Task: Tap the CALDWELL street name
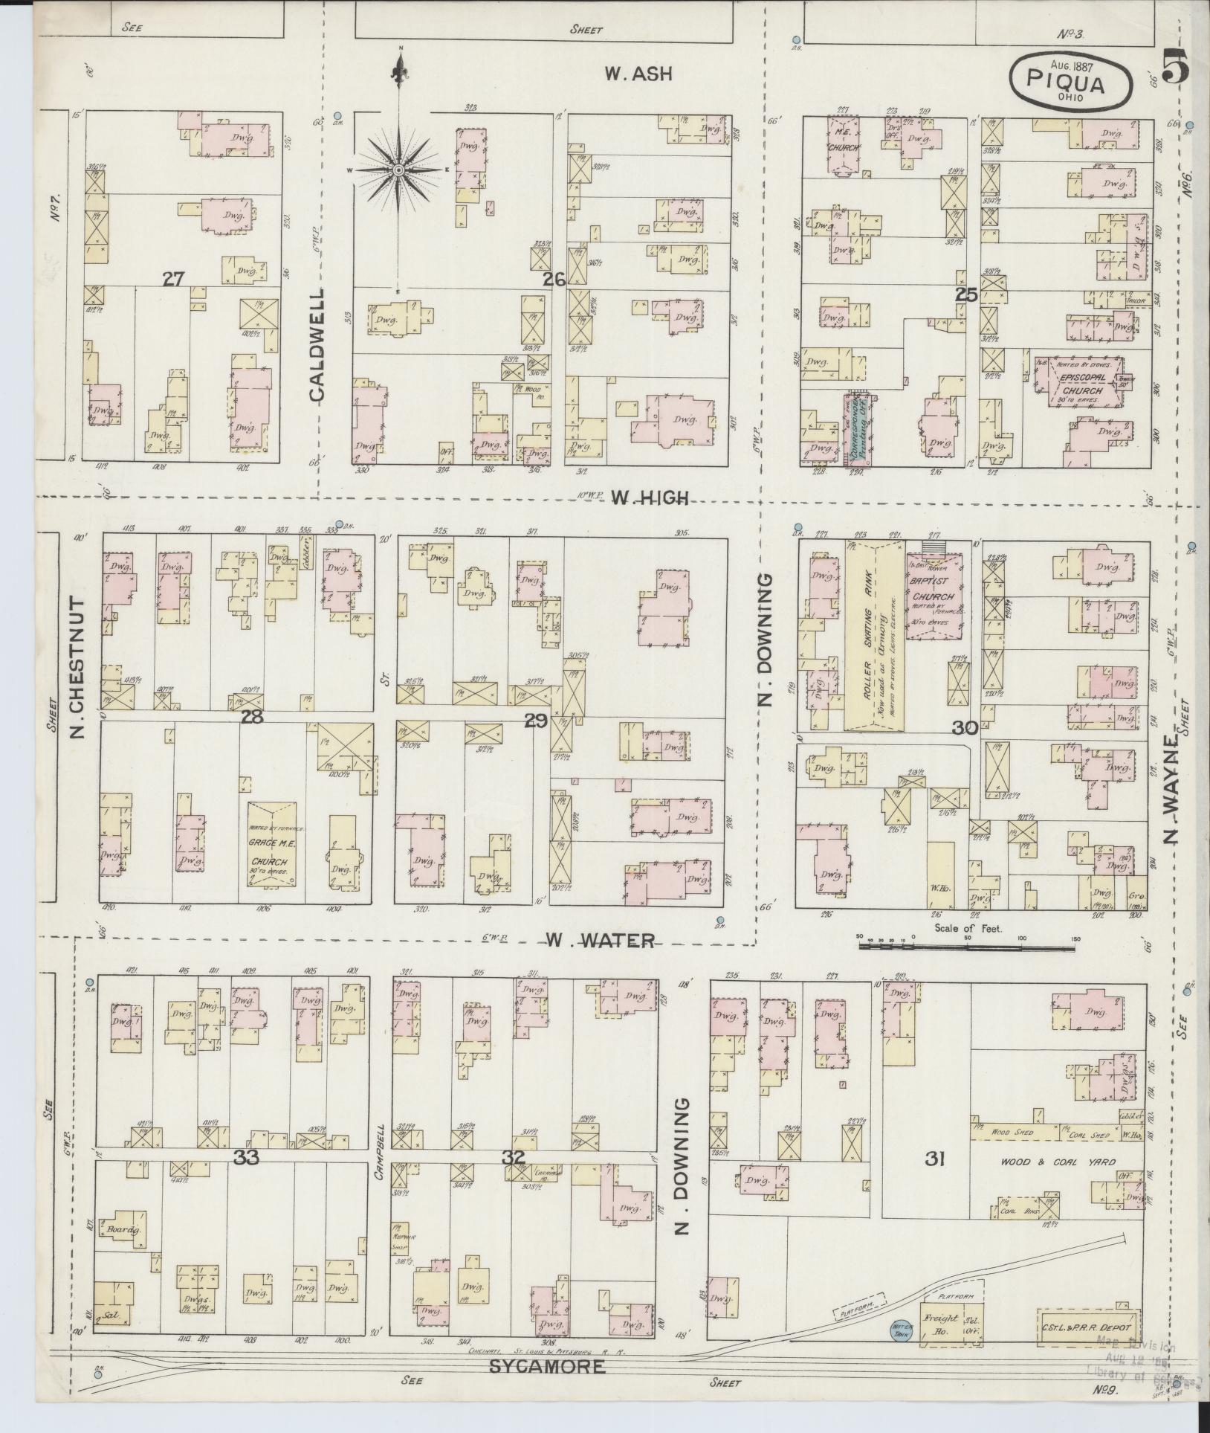[x=317, y=345]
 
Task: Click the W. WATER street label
[x=600, y=941]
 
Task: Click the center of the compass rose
[x=399, y=170]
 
